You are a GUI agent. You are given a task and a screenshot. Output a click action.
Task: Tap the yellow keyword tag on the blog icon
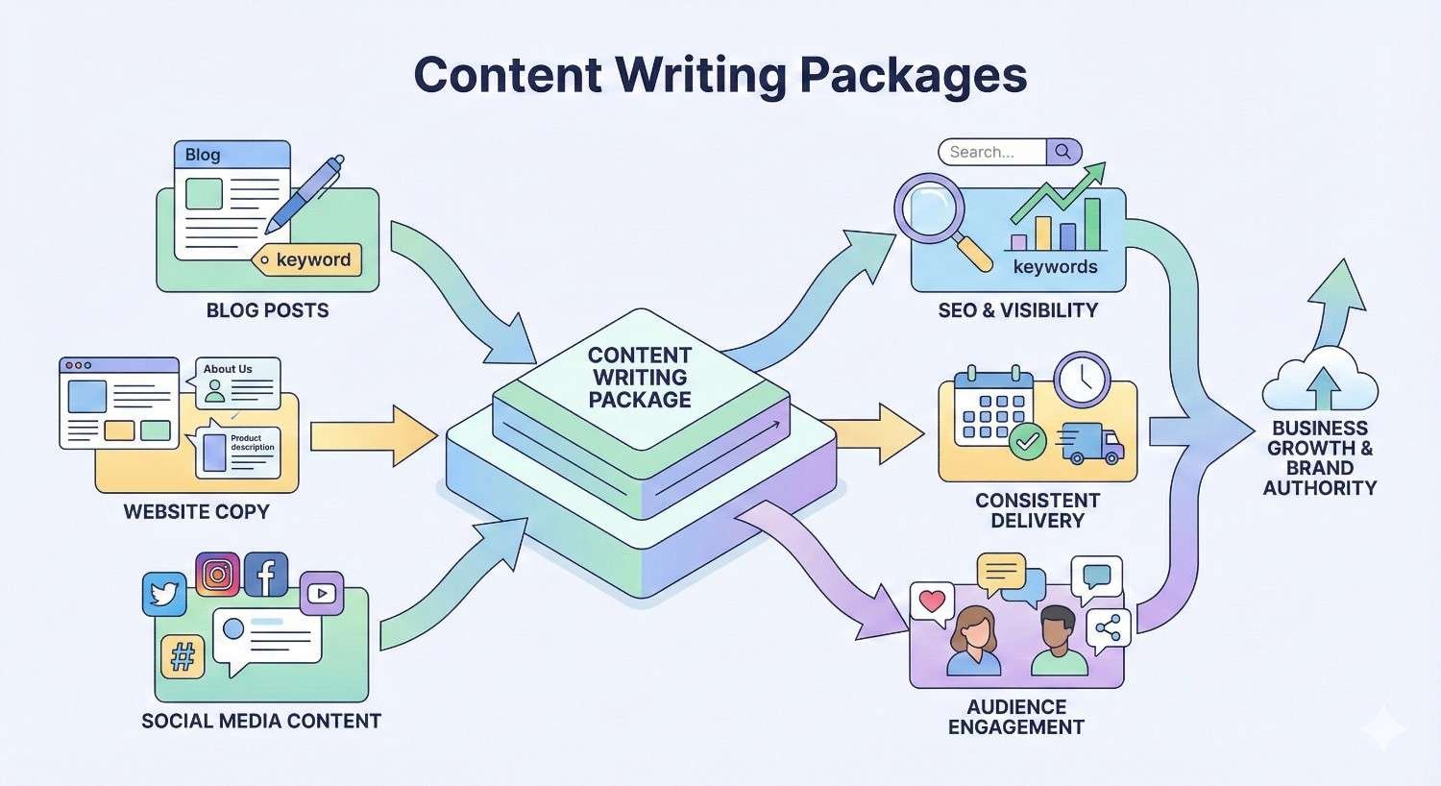click(x=307, y=259)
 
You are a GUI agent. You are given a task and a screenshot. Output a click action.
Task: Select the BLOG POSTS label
click(x=267, y=310)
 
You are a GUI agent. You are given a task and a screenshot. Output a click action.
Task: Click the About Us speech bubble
click(x=237, y=382)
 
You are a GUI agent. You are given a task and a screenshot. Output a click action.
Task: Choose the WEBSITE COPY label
click(x=196, y=511)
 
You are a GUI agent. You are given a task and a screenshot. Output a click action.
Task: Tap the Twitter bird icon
click(x=164, y=594)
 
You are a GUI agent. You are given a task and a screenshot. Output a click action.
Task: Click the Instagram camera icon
click(x=218, y=575)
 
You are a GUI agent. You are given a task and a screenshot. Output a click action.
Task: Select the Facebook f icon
click(x=266, y=575)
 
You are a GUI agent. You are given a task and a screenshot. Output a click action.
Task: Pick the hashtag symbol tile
click(x=183, y=657)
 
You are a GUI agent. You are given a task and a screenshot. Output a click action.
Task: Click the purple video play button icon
click(x=322, y=594)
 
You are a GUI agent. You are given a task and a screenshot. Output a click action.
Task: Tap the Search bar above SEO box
click(x=1009, y=152)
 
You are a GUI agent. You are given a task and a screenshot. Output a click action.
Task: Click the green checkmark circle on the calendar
click(x=1028, y=441)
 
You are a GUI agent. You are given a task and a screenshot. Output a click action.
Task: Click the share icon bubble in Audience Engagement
click(x=1108, y=630)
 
